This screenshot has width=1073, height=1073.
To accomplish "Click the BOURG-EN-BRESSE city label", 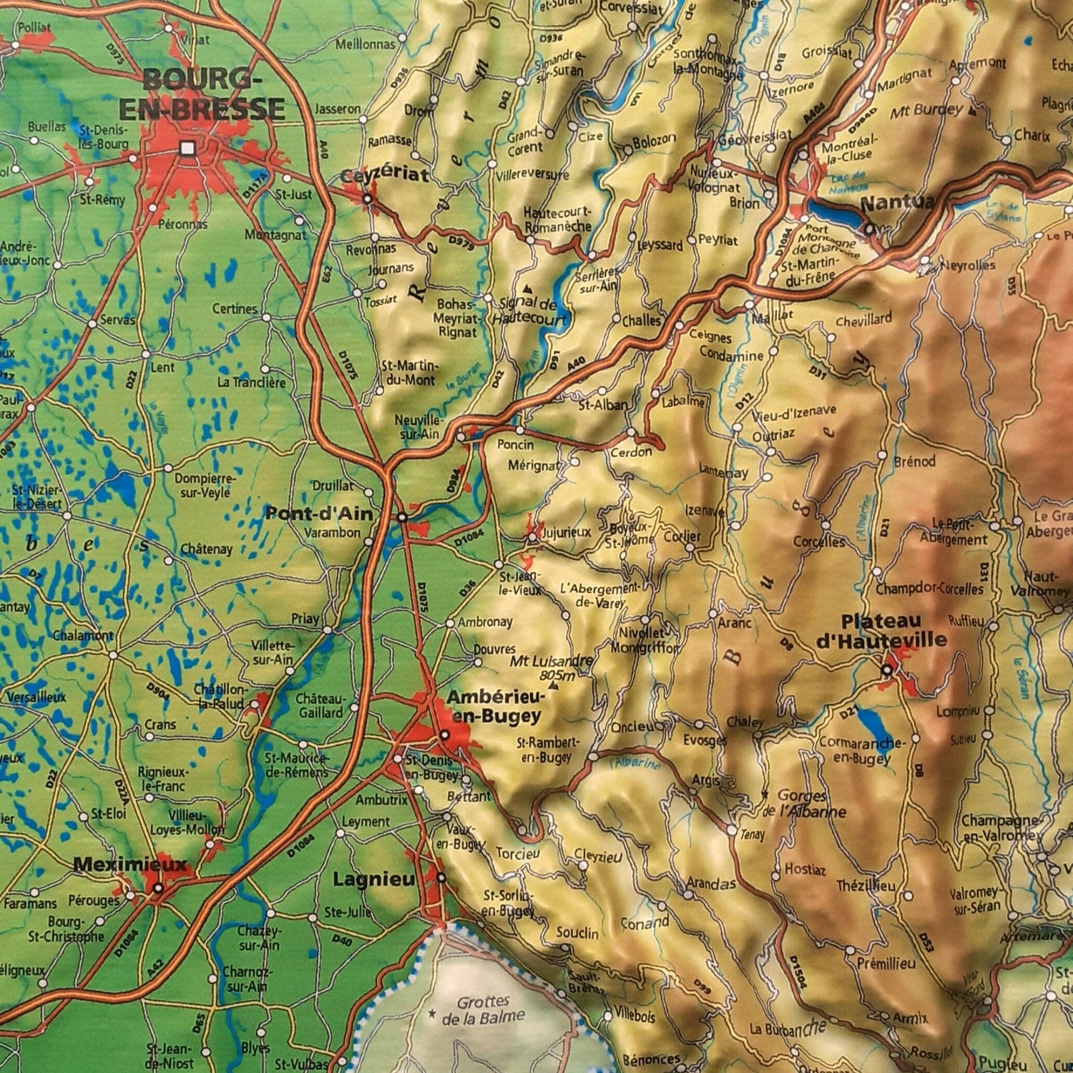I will [202, 94].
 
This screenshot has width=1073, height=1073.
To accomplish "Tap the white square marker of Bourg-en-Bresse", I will [187, 148].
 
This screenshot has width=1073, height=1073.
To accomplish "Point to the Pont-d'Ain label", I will [319, 514].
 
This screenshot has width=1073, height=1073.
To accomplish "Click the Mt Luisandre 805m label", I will [551, 668].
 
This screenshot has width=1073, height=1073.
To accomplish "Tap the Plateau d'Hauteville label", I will [881, 631].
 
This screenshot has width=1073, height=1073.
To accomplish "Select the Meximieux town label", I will [129, 865].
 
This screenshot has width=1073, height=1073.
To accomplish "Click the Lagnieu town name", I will [374, 879].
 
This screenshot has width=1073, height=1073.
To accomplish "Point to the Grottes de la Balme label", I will [484, 1009].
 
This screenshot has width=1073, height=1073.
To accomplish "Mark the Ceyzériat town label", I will [384, 175].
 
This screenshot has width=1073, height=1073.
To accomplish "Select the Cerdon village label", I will [631, 451].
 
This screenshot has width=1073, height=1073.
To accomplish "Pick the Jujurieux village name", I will [567, 532].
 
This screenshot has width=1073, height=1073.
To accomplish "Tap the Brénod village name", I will [914, 462].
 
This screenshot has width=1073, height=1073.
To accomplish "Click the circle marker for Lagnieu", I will [441, 877].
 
